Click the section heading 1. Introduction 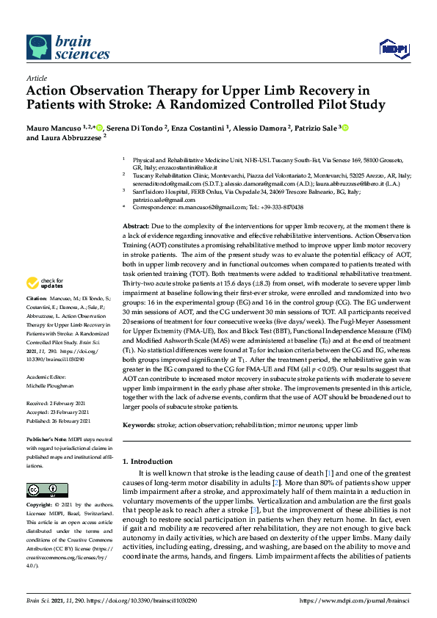pos(149,461)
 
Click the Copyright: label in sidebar pos(40,506)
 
